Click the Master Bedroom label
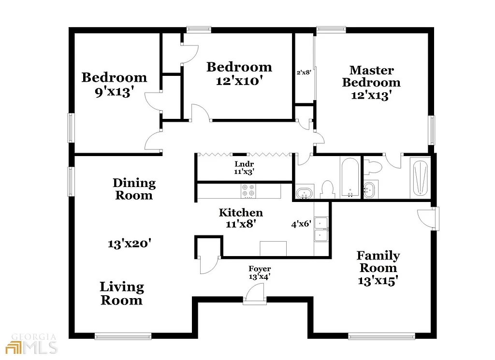coord(371,76)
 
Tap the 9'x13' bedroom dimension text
coord(114,92)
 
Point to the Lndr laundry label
coord(241,164)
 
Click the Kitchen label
coord(241,213)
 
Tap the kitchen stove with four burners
coord(249,191)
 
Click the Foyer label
coord(260,269)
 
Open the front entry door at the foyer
coord(255,294)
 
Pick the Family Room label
coord(378,261)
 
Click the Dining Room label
coord(134,189)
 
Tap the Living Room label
coord(121,293)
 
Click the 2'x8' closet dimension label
coord(303,72)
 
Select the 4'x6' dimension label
coord(301,224)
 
